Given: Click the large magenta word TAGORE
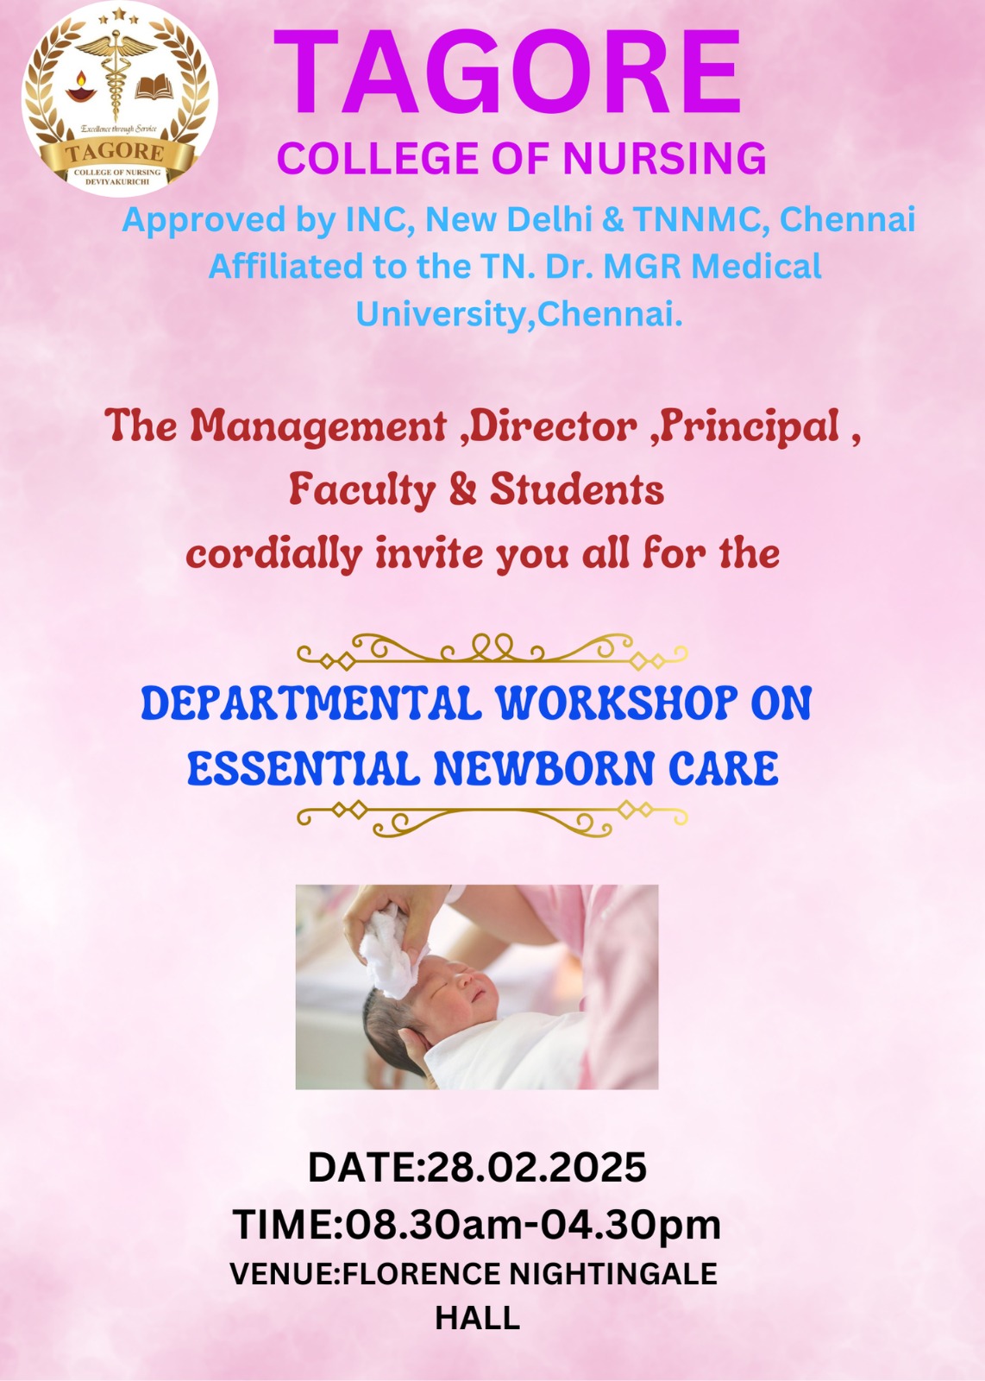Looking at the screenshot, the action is (x=507, y=73).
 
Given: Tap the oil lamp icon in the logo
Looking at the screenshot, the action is (x=81, y=87).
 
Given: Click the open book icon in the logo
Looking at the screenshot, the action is (x=154, y=87).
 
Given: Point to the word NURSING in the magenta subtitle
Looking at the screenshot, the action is (x=665, y=159).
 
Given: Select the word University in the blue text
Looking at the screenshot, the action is (x=440, y=314).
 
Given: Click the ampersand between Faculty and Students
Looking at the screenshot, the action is (x=462, y=490).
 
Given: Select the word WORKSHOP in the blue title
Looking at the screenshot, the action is (x=616, y=703).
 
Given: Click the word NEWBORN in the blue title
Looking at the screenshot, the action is (x=543, y=769).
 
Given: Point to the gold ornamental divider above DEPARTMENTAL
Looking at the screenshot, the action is (x=492, y=652).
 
